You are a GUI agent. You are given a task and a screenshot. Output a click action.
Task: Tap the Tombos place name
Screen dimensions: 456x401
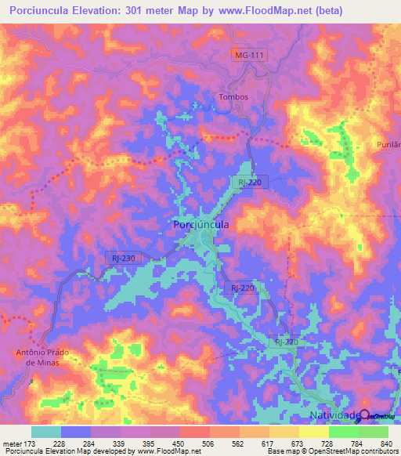(231, 97)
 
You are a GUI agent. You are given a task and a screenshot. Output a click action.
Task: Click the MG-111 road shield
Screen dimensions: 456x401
(248, 54)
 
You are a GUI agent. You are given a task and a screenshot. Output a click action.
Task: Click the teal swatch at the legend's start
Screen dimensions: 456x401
(46, 432)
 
